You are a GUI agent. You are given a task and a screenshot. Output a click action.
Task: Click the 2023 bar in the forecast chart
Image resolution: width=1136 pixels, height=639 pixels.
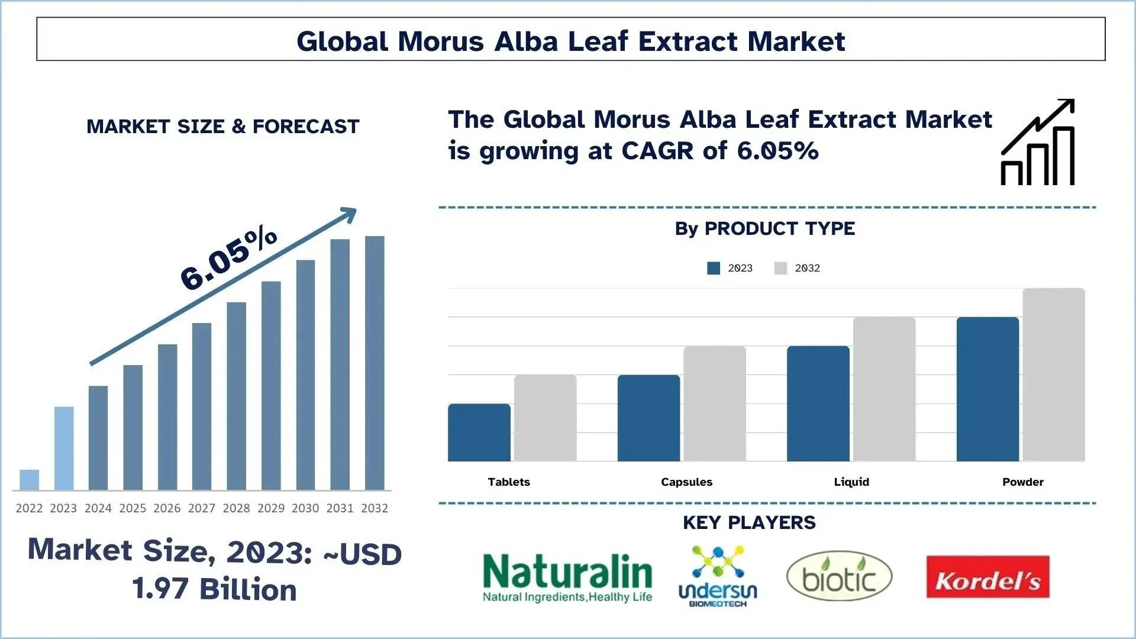(64, 448)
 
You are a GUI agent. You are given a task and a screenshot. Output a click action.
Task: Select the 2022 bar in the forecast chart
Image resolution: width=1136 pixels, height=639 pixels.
(29, 480)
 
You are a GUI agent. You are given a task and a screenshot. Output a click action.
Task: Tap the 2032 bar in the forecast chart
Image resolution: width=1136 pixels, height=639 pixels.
(375, 363)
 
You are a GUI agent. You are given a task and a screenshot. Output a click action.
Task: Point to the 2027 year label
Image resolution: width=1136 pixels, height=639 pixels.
(202, 508)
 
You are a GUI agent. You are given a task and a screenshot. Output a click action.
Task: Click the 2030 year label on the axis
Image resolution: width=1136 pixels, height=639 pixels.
(305, 508)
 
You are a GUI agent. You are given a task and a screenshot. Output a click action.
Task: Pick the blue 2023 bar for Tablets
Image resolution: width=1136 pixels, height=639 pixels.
(479, 433)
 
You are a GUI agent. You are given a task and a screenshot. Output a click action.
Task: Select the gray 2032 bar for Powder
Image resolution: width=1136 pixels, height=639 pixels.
(1054, 375)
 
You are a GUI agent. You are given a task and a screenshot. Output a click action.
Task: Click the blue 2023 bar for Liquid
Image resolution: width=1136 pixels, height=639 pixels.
(818, 404)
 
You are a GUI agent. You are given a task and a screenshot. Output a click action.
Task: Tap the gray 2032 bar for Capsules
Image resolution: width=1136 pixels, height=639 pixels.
(715, 404)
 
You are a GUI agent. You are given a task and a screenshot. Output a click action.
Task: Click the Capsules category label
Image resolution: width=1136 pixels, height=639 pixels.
(686, 482)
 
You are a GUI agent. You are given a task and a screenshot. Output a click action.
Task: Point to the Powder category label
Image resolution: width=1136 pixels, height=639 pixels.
(1023, 482)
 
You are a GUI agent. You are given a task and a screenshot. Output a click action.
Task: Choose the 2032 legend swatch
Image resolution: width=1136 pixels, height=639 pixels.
(780, 269)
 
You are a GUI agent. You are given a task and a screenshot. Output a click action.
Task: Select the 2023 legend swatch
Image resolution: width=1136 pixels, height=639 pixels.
(714, 269)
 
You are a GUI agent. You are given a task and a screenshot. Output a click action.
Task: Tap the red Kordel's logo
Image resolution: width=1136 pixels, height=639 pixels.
(987, 577)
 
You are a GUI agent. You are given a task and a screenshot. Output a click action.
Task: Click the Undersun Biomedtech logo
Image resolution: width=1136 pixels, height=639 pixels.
(718, 577)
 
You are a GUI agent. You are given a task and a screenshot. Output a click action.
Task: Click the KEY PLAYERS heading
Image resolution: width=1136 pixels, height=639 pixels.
(749, 523)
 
